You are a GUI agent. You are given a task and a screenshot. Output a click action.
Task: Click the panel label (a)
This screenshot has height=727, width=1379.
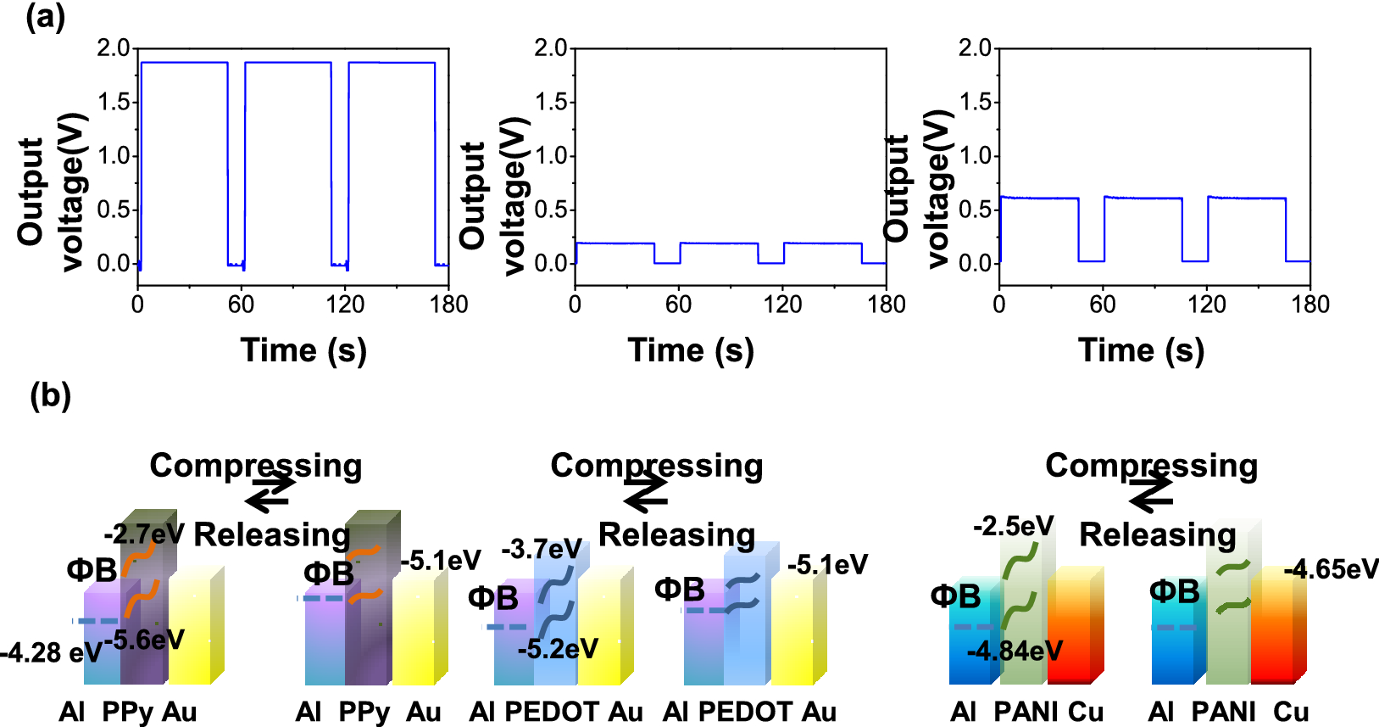[x=45, y=16]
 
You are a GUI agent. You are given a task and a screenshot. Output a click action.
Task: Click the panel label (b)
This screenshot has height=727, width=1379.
[x=50, y=395]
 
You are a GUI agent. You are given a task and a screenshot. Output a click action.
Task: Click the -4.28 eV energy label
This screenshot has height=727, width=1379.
[x=51, y=652]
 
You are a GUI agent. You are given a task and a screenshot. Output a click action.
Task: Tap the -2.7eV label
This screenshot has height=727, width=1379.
[x=143, y=534]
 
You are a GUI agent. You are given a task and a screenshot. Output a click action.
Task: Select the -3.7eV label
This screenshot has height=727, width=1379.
[x=542, y=549]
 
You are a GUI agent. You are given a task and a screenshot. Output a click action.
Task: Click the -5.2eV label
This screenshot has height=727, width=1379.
[x=558, y=649]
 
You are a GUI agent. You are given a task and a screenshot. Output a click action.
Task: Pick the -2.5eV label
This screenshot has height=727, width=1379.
[x=1013, y=526]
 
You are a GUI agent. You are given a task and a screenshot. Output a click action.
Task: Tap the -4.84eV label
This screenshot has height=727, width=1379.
[x=1015, y=651]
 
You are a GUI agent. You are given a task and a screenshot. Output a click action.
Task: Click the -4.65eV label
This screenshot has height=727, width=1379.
[x=1331, y=569]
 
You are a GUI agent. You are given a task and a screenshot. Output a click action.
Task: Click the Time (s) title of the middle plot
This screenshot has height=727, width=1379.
[x=691, y=350]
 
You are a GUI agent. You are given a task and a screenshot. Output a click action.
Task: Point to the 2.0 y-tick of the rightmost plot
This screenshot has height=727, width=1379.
[x=975, y=48]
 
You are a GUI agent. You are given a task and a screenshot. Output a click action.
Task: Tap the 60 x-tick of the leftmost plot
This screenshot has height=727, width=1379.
[x=241, y=304]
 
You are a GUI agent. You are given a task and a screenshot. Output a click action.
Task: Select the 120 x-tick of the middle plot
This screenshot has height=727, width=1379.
[x=781, y=304]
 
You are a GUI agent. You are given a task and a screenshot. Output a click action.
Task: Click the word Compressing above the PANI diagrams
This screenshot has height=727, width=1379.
[x=1151, y=465]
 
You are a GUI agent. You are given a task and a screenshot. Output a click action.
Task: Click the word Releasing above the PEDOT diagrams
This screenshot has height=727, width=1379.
[x=676, y=534]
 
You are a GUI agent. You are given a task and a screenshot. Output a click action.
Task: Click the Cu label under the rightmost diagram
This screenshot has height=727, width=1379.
[x=1291, y=711]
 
